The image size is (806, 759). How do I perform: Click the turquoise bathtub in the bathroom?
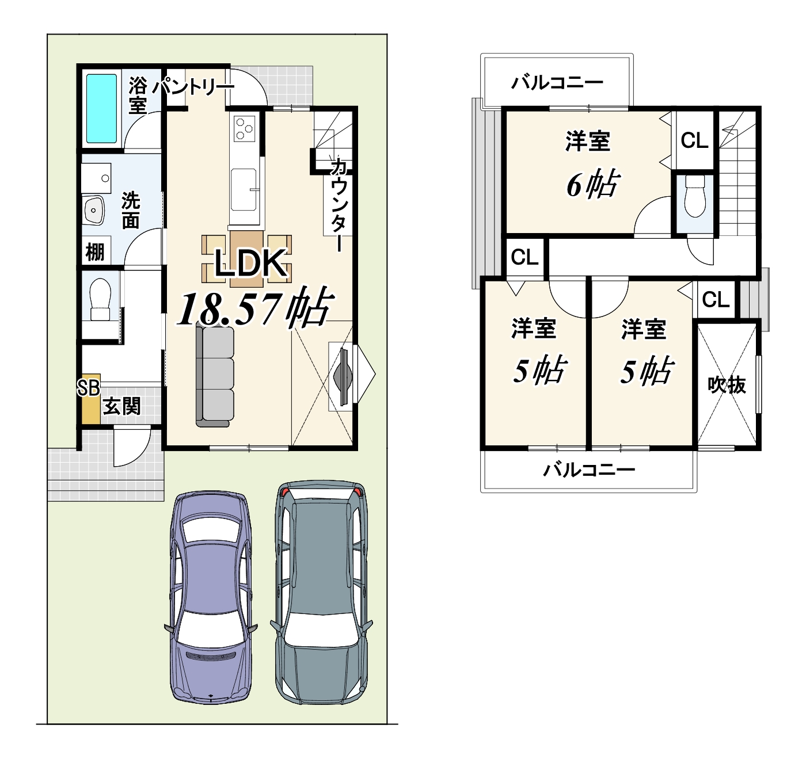101,109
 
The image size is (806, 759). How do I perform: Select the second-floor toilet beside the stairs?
694,197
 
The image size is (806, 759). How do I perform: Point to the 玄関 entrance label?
121,406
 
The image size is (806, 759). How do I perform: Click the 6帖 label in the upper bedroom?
592,185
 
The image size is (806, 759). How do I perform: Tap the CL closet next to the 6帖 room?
694,140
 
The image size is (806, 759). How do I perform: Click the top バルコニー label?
557,83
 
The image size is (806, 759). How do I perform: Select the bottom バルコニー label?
589,470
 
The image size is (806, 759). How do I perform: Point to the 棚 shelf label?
95,251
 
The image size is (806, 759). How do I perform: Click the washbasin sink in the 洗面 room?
94,209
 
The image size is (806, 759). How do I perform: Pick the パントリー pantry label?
193,87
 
